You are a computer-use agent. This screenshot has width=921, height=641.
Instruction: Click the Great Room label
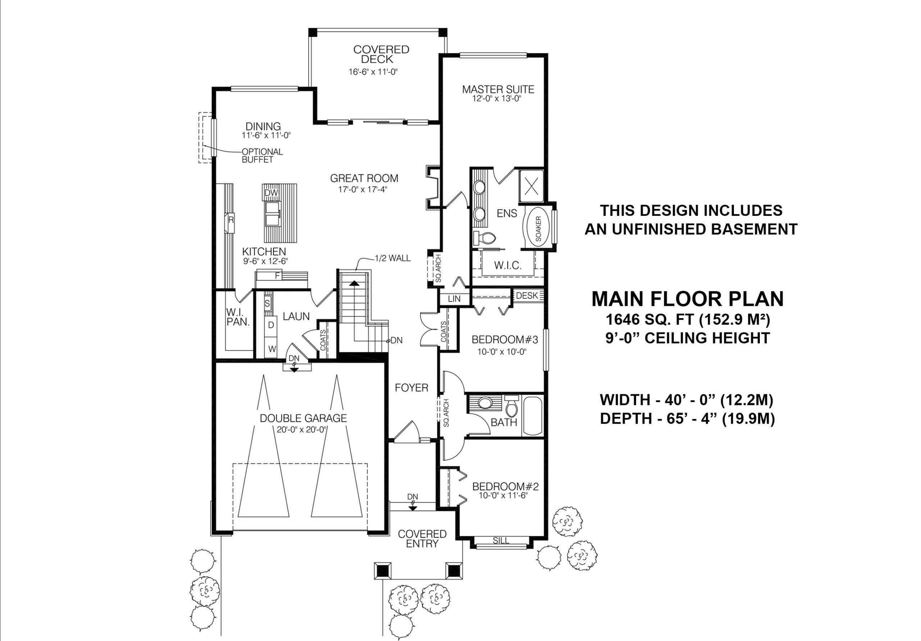tap(364, 178)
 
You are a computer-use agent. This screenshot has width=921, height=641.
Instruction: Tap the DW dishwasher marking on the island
tap(271, 193)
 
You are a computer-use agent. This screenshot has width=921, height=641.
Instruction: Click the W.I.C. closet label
tap(507, 265)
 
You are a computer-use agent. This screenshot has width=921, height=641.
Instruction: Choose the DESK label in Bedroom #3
tap(527, 296)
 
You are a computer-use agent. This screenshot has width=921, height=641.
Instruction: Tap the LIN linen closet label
tap(454, 299)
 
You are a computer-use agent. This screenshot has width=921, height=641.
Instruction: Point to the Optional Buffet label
tap(262, 156)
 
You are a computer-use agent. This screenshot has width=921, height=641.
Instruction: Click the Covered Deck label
tap(381, 54)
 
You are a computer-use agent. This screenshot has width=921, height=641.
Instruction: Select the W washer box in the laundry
tap(272, 349)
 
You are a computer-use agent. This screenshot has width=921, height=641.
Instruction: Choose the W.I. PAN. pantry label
tap(238, 317)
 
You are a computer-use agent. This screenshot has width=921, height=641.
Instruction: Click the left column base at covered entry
tap(382, 570)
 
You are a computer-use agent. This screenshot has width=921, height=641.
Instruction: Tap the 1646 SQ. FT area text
tap(687, 320)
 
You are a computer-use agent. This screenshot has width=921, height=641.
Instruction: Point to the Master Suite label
tap(498, 89)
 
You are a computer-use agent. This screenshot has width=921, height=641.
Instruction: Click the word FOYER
tap(411, 387)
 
